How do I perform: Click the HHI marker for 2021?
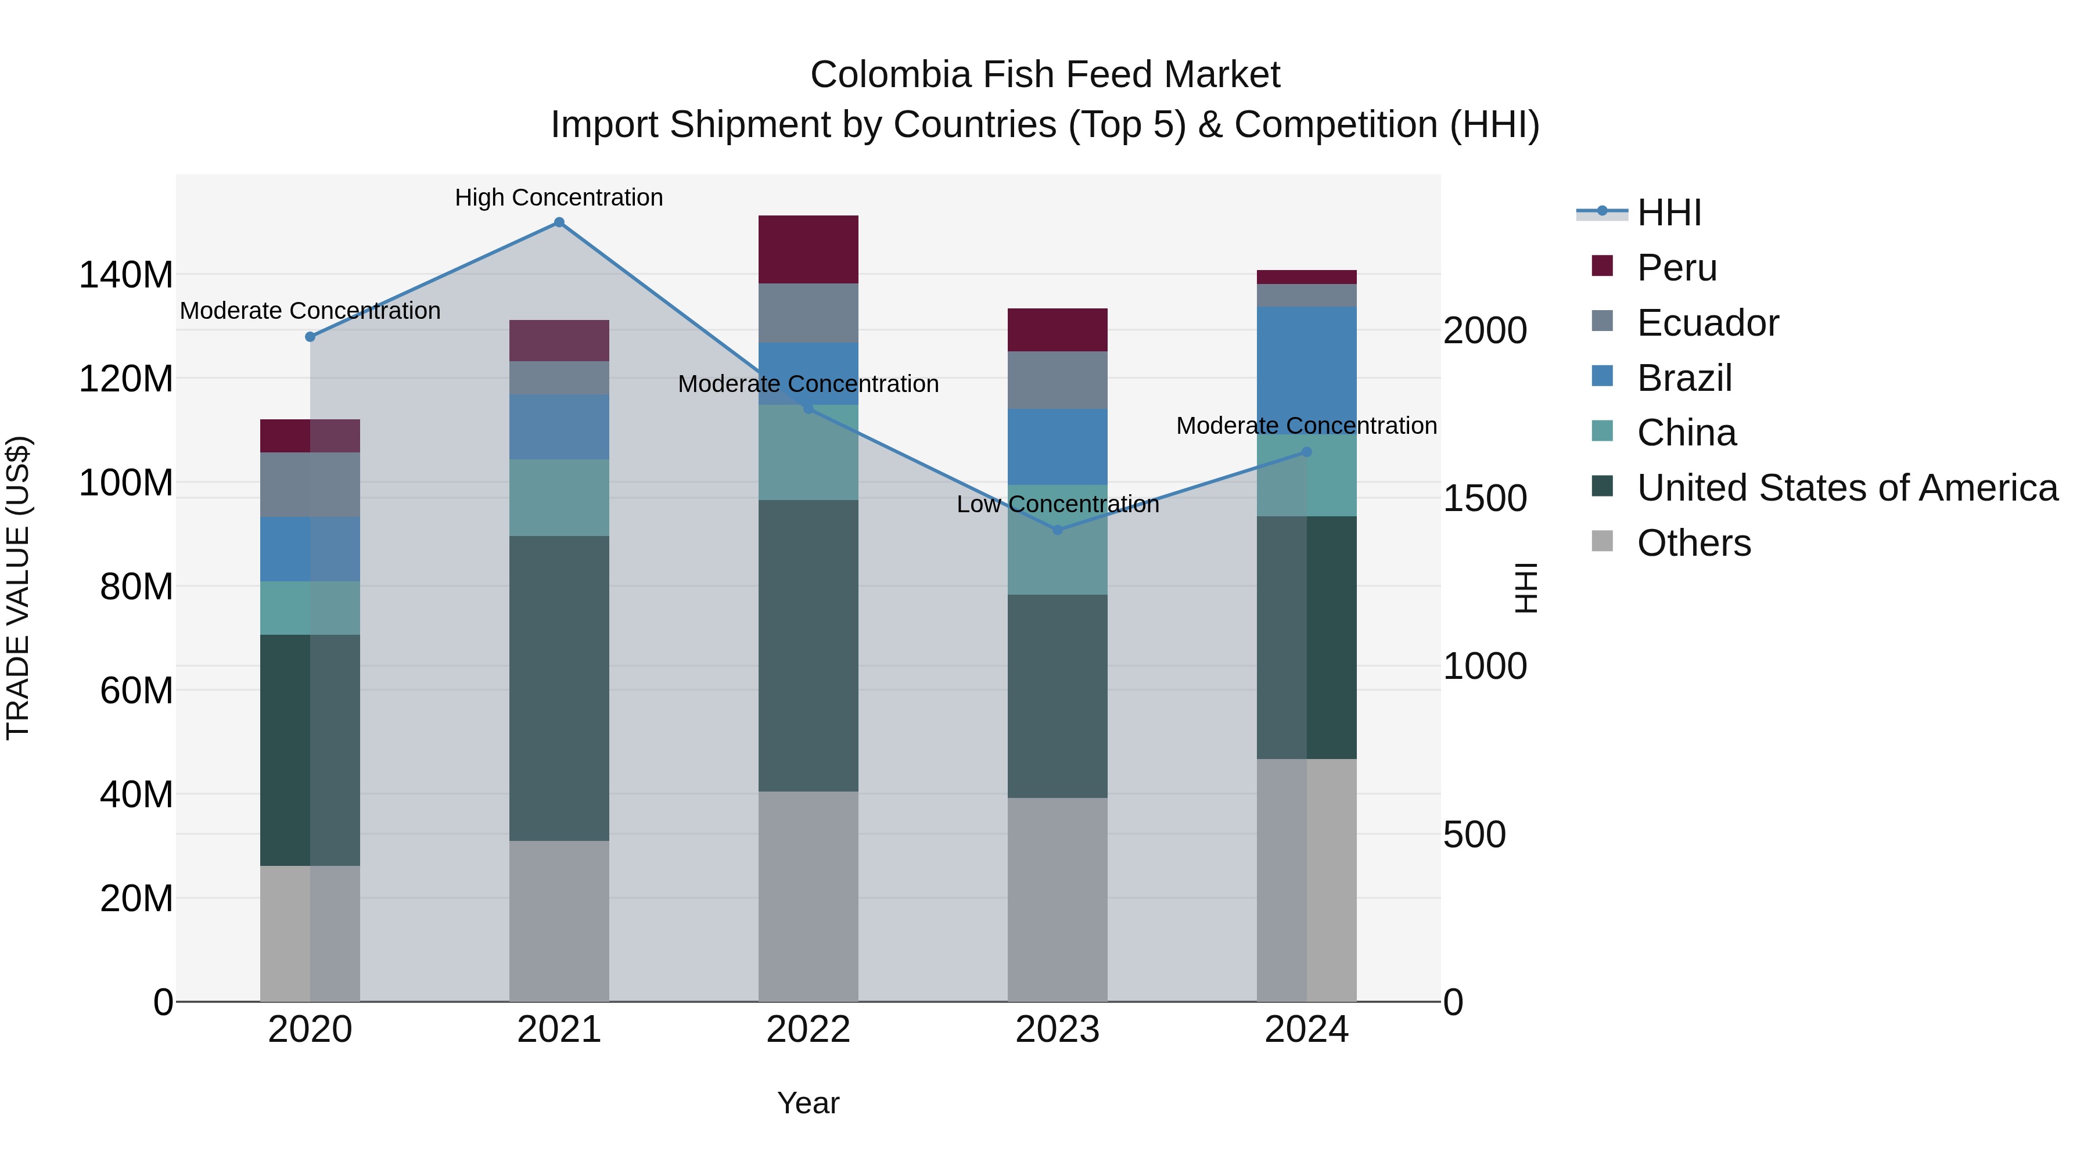(558, 222)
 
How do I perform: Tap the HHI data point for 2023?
(1057, 530)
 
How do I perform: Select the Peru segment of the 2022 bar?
(808, 249)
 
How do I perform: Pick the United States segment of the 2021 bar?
(558, 688)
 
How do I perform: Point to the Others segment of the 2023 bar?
(1057, 899)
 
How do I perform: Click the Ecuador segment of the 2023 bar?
(1057, 380)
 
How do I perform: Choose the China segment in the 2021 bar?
(558, 498)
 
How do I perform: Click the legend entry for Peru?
(1676, 268)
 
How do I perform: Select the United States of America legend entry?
(1846, 488)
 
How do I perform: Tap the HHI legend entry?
(1668, 213)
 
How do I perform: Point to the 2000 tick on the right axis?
(1485, 330)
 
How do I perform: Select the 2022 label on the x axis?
(808, 1030)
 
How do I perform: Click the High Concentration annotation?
(558, 197)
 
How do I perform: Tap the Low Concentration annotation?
(1057, 504)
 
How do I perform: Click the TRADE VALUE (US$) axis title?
(18, 588)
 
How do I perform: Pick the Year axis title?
(808, 1103)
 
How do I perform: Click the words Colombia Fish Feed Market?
(1045, 75)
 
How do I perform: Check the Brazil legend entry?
(1684, 378)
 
